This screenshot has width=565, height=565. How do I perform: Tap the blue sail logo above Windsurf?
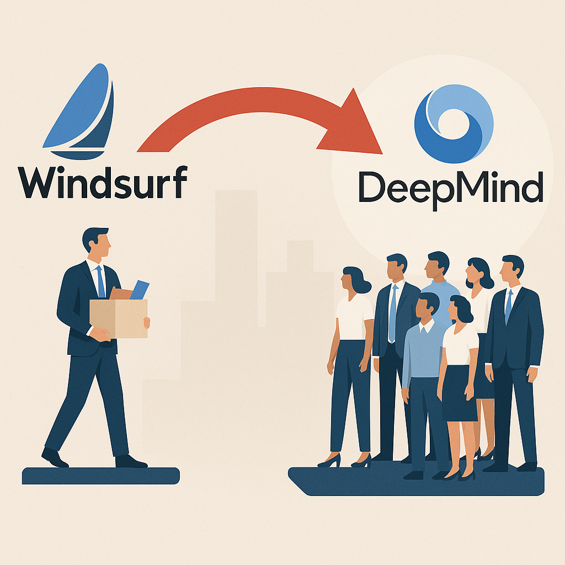pos(83,110)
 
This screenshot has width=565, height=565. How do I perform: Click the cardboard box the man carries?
pos(119,318)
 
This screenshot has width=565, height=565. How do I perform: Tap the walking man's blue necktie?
pos(101,282)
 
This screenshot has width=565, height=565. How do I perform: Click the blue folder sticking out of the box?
pos(139,290)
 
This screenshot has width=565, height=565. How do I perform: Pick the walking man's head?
pos(97,243)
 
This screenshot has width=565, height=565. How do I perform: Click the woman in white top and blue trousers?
pos(351,353)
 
